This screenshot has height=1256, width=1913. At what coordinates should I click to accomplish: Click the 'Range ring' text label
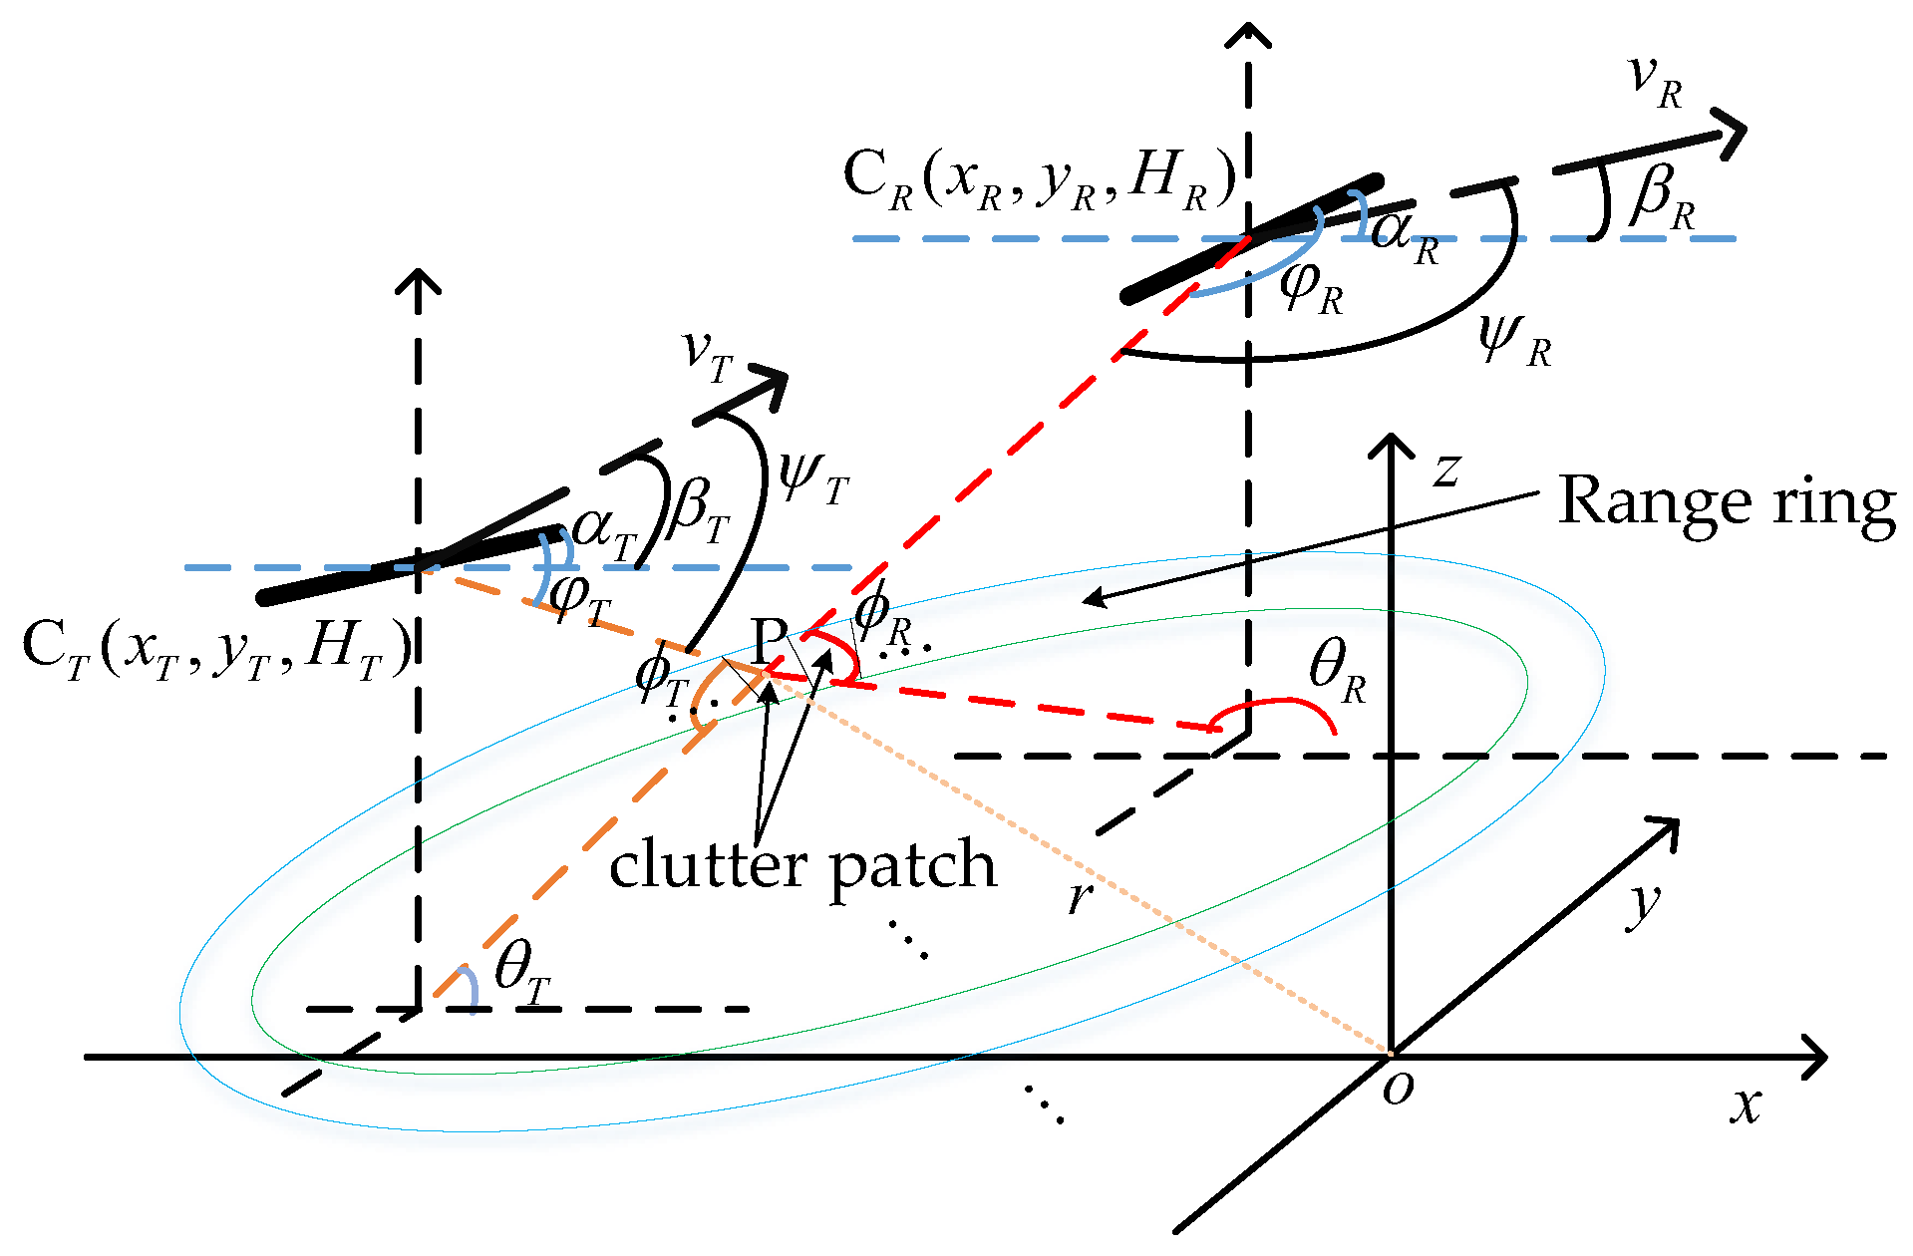point(1726,502)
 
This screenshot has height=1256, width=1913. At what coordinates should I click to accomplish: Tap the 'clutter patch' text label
point(803,865)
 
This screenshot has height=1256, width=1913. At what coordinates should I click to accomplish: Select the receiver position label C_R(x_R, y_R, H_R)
point(1039,180)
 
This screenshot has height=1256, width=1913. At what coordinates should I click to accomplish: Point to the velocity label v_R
point(1655,82)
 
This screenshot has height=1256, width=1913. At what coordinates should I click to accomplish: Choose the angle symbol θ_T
point(522,972)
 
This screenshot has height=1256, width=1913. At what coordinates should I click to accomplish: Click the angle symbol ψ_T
point(812,477)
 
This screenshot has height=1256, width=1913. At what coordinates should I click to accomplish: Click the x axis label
point(1746,1105)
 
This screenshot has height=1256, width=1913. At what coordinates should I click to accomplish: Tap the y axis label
point(1644,904)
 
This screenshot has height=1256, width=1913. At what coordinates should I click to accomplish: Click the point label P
point(769,640)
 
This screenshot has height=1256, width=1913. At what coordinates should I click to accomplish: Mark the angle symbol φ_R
point(1311,288)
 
